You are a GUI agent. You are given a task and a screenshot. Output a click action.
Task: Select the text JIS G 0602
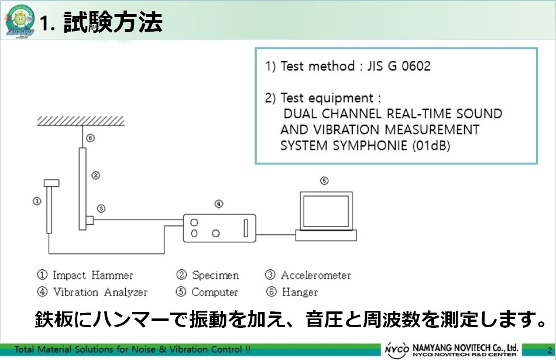click(x=399, y=66)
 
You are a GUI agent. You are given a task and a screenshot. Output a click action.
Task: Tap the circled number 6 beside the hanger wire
click(x=90, y=139)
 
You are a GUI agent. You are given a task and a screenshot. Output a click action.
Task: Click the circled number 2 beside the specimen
click(x=95, y=174)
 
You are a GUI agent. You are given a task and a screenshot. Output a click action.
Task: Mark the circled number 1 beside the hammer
click(x=37, y=201)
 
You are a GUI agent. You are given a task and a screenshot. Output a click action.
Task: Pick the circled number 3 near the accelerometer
click(x=101, y=208)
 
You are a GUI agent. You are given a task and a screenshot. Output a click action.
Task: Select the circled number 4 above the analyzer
click(x=218, y=204)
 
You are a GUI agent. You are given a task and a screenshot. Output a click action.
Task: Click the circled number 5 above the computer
click(x=324, y=181)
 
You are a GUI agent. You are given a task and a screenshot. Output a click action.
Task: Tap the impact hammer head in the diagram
click(x=52, y=183)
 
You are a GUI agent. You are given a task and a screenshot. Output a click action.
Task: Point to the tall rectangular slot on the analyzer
click(x=245, y=227)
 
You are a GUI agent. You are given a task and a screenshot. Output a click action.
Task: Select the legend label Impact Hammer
click(x=92, y=275)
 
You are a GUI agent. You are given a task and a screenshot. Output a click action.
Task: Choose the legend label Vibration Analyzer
click(x=100, y=292)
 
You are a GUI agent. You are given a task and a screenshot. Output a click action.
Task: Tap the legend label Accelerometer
click(x=315, y=275)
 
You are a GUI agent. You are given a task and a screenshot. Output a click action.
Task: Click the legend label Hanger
click(x=300, y=292)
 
